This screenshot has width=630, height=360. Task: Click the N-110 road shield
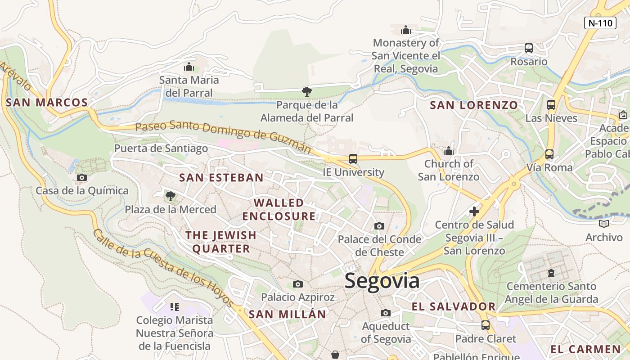point(600,23)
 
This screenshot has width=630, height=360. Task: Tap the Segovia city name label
point(382,281)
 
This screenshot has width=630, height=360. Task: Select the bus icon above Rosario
point(529,48)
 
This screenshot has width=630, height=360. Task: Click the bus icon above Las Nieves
point(551,105)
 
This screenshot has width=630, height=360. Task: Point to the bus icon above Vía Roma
point(549,154)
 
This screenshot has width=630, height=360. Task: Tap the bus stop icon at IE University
point(353,159)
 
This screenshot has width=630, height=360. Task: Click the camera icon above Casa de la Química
point(81,178)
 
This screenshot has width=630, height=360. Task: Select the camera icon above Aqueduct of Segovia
point(385,313)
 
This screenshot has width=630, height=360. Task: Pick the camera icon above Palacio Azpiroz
point(297,284)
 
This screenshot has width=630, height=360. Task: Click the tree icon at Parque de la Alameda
point(307,92)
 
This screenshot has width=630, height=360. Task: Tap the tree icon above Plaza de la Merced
point(170,196)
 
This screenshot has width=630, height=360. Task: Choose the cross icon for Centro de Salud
point(474,211)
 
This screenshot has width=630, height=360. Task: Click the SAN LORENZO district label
point(474,105)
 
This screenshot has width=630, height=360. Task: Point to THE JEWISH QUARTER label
point(221,242)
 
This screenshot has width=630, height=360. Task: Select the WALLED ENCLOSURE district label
point(279,209)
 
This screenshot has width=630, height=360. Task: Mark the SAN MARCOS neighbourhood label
point(47,103)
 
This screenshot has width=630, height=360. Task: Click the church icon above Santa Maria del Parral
point(189,67)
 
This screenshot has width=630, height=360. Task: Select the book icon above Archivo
point(604,224)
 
